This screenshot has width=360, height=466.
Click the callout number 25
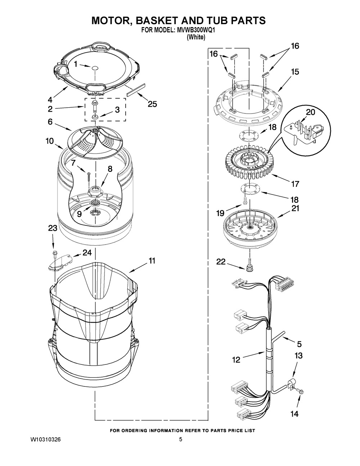point(152,104)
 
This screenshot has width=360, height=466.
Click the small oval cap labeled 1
point(94,68)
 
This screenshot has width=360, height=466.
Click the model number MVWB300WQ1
point(195,31)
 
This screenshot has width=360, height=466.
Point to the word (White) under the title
point(196,37)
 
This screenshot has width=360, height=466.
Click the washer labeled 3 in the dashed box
point(94,117)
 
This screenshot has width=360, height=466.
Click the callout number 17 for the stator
point(295,184)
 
